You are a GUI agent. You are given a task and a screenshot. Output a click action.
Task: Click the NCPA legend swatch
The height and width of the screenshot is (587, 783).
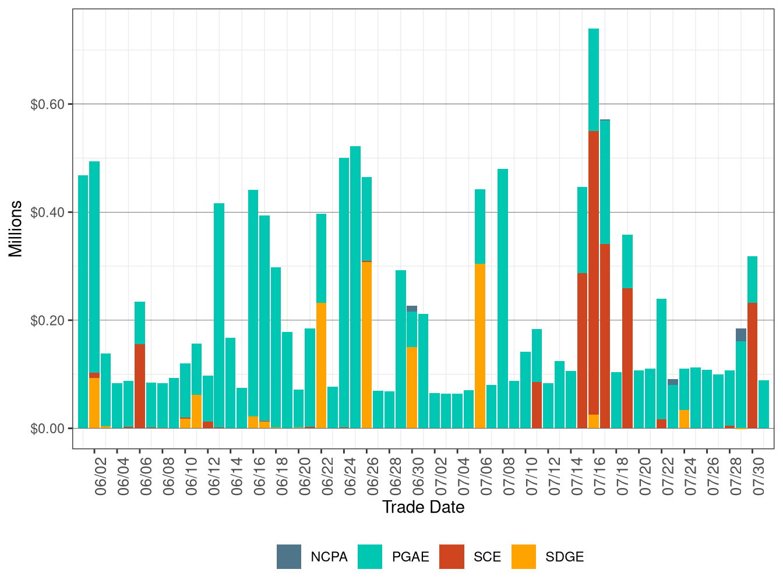(288, 556)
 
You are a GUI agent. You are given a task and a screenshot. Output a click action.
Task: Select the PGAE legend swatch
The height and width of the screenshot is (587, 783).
(369, 556)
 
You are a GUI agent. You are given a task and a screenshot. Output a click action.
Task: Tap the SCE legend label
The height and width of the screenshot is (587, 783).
(487, 557)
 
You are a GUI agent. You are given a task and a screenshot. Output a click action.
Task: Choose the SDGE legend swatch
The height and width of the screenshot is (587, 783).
(523, 556)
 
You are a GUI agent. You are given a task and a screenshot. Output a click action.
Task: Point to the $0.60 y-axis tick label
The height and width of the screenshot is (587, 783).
(47, 104)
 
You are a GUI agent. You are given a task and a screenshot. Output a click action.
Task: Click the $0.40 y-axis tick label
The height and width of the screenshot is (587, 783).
(47, 213)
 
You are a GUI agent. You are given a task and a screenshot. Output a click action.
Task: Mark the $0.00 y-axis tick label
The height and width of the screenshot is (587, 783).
(47, 429)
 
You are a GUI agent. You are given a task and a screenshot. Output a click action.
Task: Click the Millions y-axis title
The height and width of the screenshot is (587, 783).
(15, 229)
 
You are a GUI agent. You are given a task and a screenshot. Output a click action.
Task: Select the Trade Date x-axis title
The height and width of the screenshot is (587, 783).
(423, 507)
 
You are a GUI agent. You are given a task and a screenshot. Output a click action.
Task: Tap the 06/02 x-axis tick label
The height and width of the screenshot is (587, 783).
(101, 476)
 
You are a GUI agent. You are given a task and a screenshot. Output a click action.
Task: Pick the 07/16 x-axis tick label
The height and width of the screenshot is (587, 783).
(599, 476)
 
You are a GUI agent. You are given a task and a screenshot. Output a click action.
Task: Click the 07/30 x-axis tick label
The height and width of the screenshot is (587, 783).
(759, 476)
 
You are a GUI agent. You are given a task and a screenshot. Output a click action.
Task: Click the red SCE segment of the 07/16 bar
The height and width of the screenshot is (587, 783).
(594, 273)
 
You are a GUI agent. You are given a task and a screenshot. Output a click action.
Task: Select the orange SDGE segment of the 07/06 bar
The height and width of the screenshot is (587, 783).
(480, 346)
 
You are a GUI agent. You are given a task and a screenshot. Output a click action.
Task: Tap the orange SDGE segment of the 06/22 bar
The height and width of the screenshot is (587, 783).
(321, 365)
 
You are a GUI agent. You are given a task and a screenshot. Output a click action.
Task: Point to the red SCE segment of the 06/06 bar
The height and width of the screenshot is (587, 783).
(140, 386)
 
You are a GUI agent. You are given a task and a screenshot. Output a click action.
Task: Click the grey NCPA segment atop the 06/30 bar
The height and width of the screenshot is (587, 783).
(412, 309)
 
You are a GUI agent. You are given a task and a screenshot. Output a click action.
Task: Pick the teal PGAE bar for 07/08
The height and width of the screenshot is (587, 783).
(503, 298)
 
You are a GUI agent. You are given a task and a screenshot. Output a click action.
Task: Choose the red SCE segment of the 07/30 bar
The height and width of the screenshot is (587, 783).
(752, 365)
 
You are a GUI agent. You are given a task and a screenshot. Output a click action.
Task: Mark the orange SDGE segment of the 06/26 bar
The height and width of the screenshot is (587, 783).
(366, 345)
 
